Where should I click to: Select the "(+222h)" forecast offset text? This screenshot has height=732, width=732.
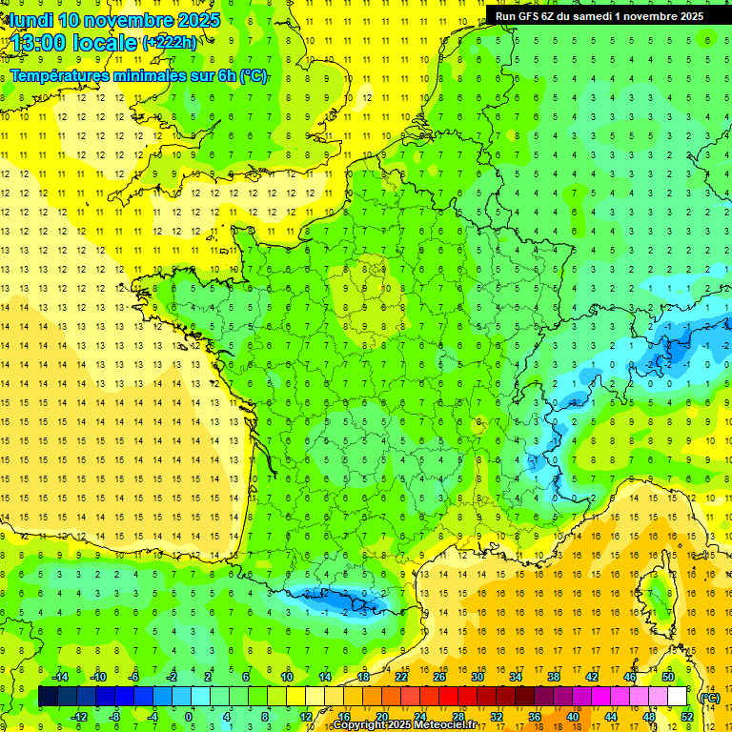click(171, 43)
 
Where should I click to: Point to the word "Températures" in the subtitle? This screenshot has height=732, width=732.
click(58, 75)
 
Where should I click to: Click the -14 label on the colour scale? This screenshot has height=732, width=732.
click(59, 677)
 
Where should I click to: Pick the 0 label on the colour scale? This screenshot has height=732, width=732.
click(189, 716)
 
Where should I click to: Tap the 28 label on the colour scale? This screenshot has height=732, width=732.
click(457, 716)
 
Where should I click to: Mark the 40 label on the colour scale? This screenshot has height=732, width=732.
click(573, 716)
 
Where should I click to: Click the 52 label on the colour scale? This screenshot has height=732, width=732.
click(687, 716)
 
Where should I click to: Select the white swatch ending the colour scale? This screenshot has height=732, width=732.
click(677, 697)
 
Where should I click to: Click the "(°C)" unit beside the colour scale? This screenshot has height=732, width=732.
click(709, 698)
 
